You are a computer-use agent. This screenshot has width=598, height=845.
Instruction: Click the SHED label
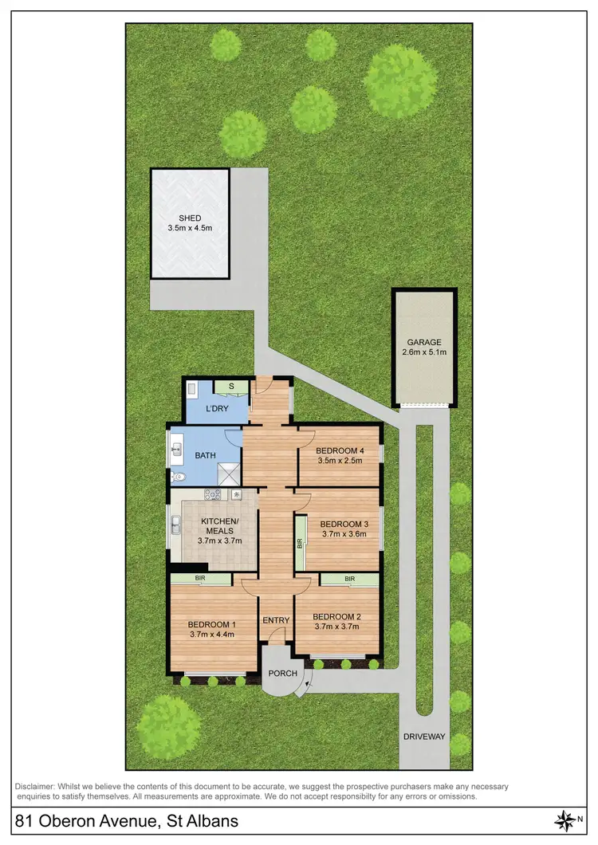coord(190,218)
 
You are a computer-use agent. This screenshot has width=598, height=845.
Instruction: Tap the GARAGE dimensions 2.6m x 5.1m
coord(424,352)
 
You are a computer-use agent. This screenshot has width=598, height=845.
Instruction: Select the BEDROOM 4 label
coord(340,451)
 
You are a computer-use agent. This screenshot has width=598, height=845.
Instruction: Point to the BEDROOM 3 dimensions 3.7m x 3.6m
coord(342,535)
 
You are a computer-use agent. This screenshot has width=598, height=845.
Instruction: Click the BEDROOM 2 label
coord(337,616)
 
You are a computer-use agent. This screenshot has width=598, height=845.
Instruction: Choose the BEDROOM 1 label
coord(212,624)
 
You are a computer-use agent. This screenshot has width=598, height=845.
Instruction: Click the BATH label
coord(206,455)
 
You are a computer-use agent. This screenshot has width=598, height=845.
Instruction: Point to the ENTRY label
coord(275,621)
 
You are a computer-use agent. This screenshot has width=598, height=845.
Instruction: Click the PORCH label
coord(282,674)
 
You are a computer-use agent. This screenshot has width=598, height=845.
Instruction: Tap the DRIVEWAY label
coord(424,737)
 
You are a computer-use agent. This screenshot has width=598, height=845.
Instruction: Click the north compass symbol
coord(565,820)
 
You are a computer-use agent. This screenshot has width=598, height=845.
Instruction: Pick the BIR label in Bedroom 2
coord(349,580)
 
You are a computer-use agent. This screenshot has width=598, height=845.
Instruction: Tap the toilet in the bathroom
coord(177,477)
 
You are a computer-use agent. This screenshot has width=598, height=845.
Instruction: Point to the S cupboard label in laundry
coord(231,387)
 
